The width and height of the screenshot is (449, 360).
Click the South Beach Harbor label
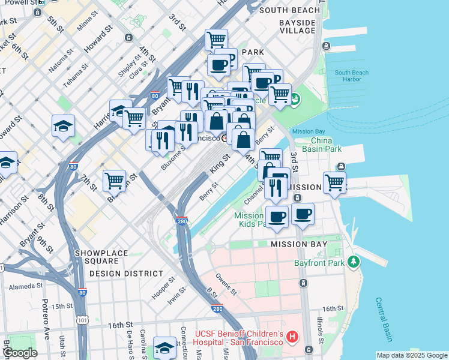pyautogui.click(x=352, y=76)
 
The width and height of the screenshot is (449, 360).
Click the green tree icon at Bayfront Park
pyautogui.click(x=354, y=262)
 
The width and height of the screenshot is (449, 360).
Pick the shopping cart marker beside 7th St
pyautogui.click(x=114, y=179)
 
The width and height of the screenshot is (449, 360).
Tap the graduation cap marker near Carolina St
pyautogui.click(x=164, y=347)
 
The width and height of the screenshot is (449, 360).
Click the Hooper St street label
pyautogui.click(x=163, y=284)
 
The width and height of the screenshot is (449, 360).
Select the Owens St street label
pyautogui.click(x=227, y=286)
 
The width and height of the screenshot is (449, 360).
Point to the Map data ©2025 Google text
pyautogui.click(x=411, y=355)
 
